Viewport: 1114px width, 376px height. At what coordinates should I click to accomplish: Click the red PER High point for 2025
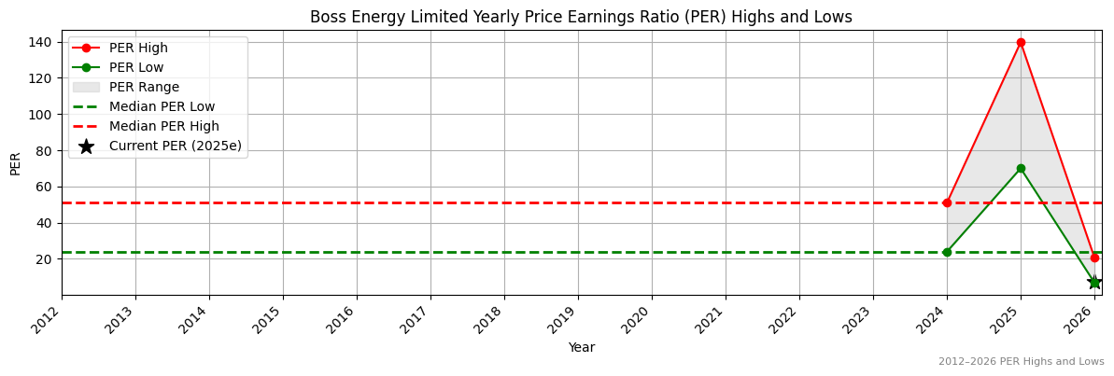[x=1021, y=42]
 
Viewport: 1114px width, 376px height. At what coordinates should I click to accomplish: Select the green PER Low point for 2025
[x=1021, y=168]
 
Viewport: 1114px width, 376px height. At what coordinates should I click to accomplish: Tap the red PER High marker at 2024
[x=947, y=202]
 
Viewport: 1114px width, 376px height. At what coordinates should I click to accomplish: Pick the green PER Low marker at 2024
[x=947, y=252]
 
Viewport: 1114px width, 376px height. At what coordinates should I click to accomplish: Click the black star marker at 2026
[x=1094, y=282]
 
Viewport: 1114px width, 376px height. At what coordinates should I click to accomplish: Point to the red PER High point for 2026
[x=1094, y=258]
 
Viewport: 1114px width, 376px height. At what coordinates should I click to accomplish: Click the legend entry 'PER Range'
[x=144, y=87]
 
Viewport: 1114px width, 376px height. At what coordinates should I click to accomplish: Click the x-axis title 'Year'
[x=581, y=347]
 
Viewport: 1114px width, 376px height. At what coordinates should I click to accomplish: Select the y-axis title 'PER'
[x=15, y=163]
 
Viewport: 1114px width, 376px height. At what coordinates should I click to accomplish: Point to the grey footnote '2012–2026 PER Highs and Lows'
[x=1021, y=361]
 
